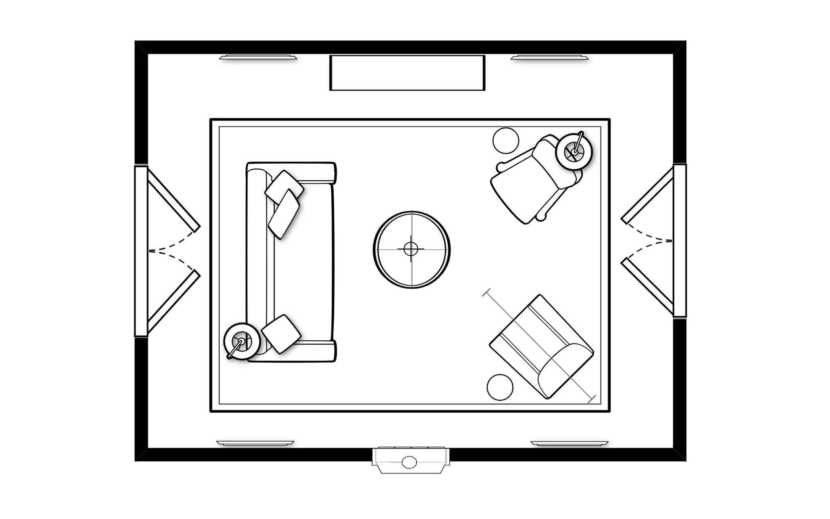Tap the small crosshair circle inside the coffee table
point(411,249)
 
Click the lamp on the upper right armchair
point(574,151)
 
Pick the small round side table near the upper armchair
point(506,140)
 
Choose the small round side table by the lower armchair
point(500,387)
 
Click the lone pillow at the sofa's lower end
point(281,334)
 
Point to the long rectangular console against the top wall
point(407,73)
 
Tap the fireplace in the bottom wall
point(411,460)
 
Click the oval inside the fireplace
point(409,462)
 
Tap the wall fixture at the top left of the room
point(258,57)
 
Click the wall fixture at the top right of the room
point(549,57)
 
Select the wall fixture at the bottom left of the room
point(255,443)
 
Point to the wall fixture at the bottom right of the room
point(569,444)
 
